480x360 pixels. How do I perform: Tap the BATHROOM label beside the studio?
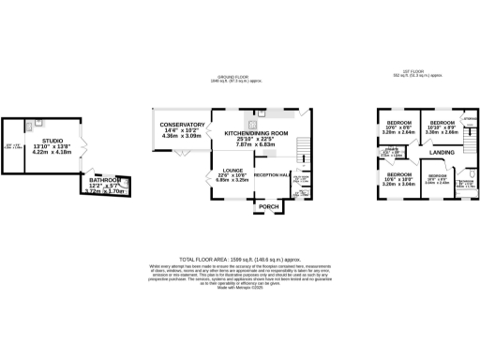click(x=105, y=179)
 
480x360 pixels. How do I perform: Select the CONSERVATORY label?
click(x=182, y=125)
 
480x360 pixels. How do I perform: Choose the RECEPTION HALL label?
click(x=273, y=174)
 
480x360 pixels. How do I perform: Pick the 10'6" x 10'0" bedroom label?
click(x=398, y=174)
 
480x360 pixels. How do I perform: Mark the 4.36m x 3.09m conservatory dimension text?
click(x=182, y=137)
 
